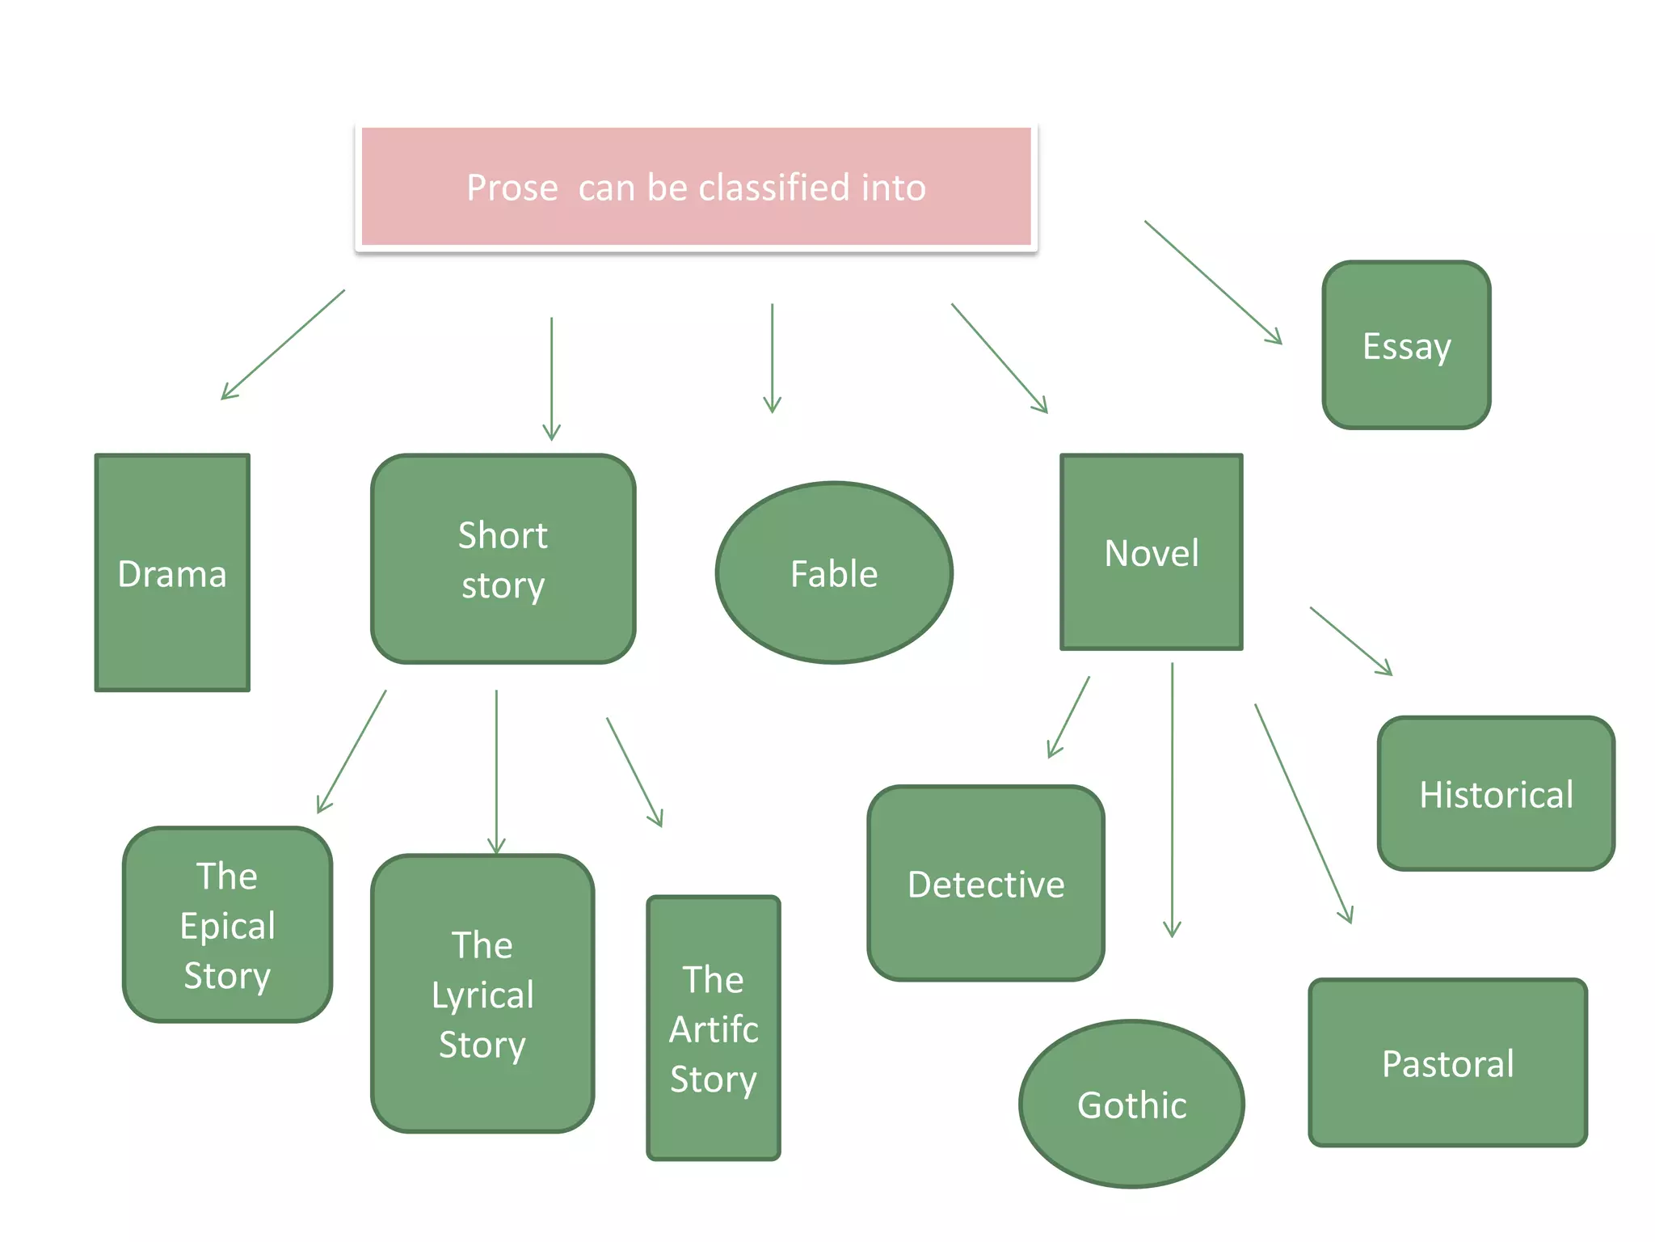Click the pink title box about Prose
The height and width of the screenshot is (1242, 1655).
(x=696, y=187)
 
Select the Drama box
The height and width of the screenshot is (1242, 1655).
(x=172, y=572)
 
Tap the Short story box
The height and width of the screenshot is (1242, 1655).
(x=503, y=559)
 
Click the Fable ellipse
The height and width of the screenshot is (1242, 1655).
(x=834, y=572)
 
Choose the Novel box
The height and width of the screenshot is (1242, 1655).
(x=1151, y=551)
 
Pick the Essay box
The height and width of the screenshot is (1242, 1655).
(x=1406, y=344)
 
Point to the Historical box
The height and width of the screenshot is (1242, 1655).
(x=1496, y=793)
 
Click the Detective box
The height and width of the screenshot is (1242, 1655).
(x=986, y=883)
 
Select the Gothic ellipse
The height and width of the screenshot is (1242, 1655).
(x=1131, y=1104)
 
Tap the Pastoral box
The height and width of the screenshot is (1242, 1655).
(x=1447, y=1062)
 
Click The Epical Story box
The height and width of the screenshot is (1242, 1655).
(x=227, y=924)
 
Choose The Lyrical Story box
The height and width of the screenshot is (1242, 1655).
(x=482, y=993)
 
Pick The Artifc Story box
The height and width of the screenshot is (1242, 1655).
(x=714, y=1028)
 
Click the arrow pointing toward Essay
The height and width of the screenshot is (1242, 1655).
(x=1213, y=282)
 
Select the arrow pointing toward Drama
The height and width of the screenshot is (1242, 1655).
(x=283, y=344)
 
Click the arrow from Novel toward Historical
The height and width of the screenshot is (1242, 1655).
(x=1350, y=640)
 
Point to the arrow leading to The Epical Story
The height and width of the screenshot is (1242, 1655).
(x=352, y=751)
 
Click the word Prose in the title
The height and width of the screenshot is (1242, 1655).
(x=512, y=188)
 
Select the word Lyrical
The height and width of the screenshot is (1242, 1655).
(x=482, y=995)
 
